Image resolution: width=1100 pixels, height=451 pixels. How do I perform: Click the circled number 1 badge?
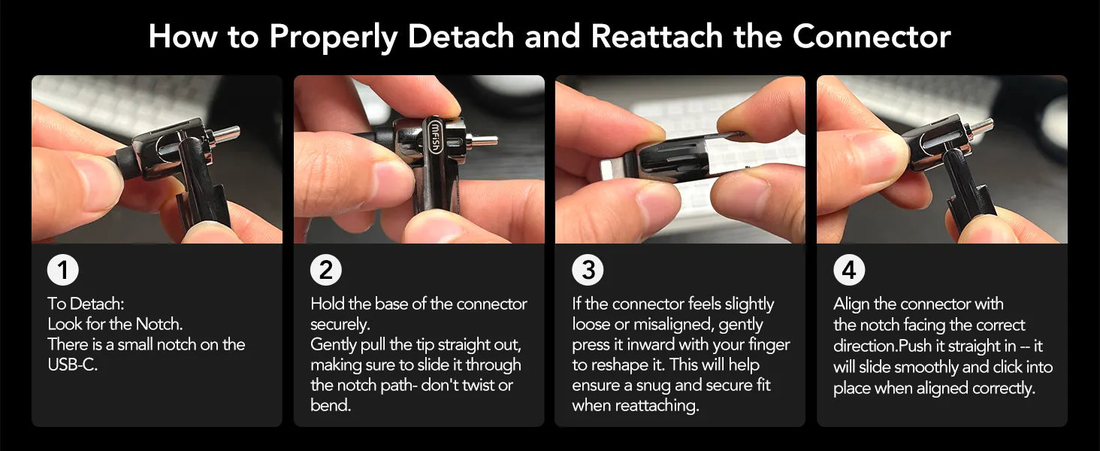click(x=63, y=270)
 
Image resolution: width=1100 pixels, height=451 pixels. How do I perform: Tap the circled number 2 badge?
click(x=326, y=270)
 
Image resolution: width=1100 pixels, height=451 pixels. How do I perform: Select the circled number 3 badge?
click(x=588, y=270)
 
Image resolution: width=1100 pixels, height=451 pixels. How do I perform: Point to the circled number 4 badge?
click(x=850, y=270)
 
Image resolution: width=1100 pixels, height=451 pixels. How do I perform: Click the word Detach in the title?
click(x=461, y=36)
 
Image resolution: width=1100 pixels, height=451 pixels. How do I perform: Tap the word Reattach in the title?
click(x=657, y=36)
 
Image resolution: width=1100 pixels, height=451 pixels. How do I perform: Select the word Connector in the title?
click(x=872, y=36)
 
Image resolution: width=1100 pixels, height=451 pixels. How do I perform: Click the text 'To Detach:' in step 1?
click(x=86, y=304)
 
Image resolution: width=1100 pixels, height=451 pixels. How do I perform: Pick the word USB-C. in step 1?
click(x=73, y=365)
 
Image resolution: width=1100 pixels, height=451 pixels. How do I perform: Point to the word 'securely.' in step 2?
click(x=340, y=325)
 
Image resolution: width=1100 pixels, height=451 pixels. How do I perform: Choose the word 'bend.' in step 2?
click(x=331, y=405)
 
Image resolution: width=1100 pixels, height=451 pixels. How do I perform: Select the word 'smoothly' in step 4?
click(x=929, y=367)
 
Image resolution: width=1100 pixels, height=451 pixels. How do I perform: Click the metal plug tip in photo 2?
click(x=484, y=141)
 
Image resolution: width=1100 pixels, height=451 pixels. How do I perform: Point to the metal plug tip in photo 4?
click(x=981, y=126)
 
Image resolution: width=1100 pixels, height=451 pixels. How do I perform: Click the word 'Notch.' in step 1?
click(x=159, y=324)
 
